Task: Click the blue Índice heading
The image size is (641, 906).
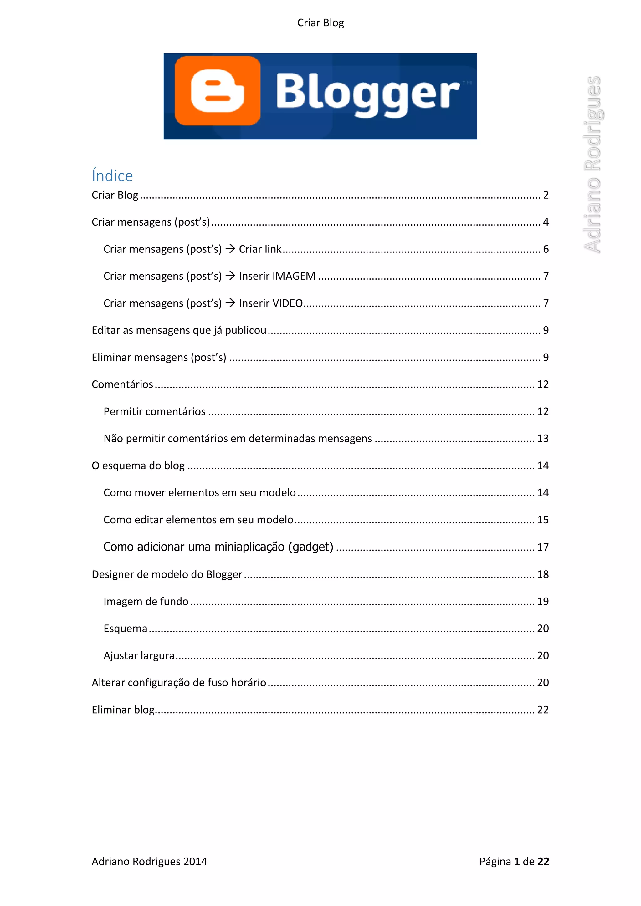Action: point(112,176)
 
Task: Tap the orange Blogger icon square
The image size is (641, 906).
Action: point(218,91)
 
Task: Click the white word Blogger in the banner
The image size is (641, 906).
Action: point(367,94)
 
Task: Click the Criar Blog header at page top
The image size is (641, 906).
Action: point(320,23)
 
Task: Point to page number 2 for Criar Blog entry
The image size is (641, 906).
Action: point(546,195)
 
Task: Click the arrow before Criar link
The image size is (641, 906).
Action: point(230,249)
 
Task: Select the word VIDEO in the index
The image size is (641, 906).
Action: point(288,303)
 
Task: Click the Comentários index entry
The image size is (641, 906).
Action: point(122,384)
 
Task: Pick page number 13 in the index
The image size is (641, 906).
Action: point(543,438)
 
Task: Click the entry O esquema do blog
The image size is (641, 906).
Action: point(138,466)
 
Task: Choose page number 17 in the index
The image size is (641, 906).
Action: point(543,547)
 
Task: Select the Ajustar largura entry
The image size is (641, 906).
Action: point(139,655)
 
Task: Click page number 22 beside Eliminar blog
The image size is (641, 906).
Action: point(543,710)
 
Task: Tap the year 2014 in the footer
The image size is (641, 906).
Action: point(195,861)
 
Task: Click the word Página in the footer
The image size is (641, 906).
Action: point(495,861)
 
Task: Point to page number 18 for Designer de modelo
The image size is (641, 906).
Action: point(543,574)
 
